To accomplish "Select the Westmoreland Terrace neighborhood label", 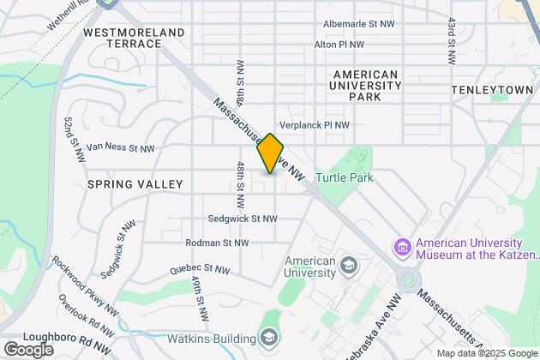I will (x=135, y=38).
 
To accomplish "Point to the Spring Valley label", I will (x=135, y=184).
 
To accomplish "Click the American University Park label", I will (x=366, y=86).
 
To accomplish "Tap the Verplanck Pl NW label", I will (x=315, y=125).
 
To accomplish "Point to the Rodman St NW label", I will (x=216, y=243).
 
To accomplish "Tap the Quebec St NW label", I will (x=200, y=268).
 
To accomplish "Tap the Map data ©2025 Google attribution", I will (x=485, y=353).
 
